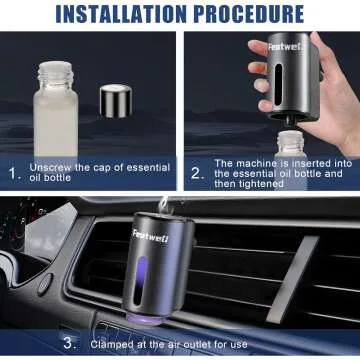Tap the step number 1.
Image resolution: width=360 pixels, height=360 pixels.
(x=14, y=173)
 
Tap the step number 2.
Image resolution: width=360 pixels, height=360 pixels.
(x=197, y=173)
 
